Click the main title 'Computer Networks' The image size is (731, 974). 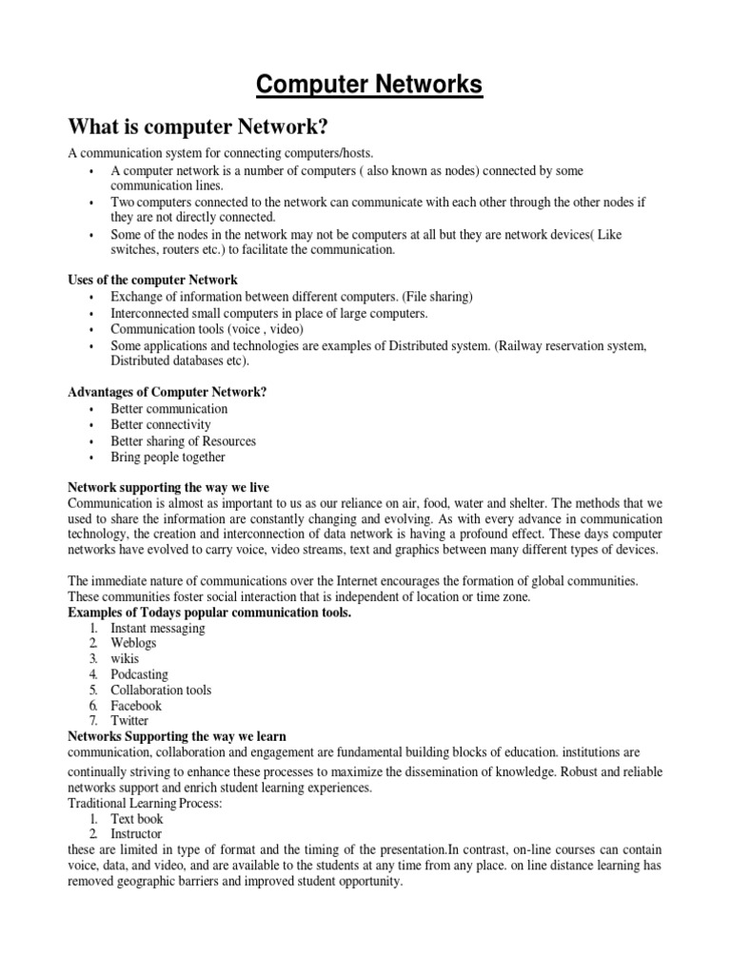[x=369, y=87]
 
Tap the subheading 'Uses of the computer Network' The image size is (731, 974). [x=152, y=280]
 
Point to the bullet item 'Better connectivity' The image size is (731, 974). [x=161, y=425]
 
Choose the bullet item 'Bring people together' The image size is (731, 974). [x=168, y=458]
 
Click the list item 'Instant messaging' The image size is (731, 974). [x=158, y=629]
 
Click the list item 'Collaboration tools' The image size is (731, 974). [x=161, y=691]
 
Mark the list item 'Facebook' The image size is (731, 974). [x=136, y=706]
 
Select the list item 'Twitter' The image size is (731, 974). [x=130, y=721]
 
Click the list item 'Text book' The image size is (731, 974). [x=137, y=819]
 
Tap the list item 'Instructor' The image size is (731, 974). [x=138, y=834]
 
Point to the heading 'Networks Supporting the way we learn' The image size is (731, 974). [x=177, y=736]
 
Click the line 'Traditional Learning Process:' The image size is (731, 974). [x=146, y=804]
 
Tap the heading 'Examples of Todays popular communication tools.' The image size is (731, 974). [x=209, y=613]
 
